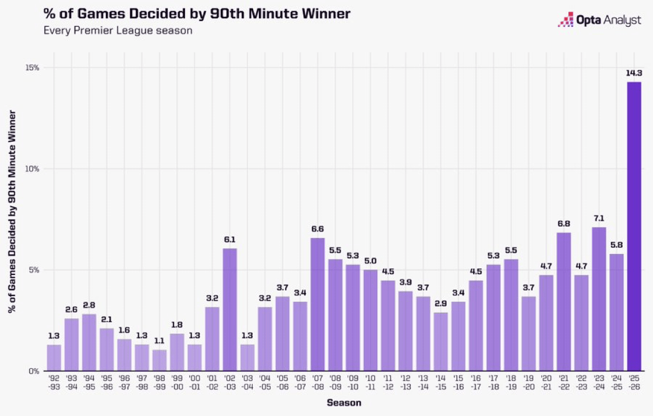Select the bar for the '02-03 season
click(229, 309)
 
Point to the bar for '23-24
click(599, 299)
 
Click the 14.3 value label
click(634, 73)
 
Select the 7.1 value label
click(599, 218)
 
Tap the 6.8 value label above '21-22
click(563, 224)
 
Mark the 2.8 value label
click(89, 305)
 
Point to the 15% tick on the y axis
click(32, 68)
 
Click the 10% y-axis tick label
click(32, 169)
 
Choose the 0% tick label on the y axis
click(34, 371)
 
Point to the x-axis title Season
click(343, 403)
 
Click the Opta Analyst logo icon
click(565, 20)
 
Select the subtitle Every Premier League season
click(118, 30)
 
